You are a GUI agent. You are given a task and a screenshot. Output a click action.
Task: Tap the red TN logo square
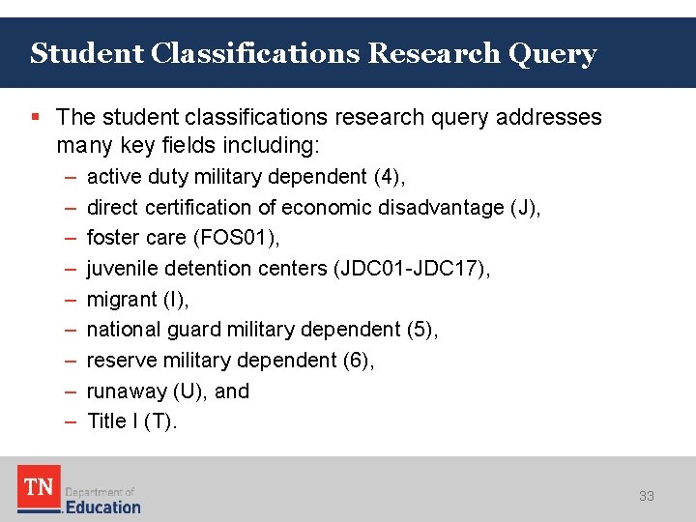[39, 487]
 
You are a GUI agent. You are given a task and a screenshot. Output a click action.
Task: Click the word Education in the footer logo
[102, 507]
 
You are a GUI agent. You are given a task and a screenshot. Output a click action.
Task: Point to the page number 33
[646, 496]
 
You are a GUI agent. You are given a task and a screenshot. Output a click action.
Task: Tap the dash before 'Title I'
[71, 421]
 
